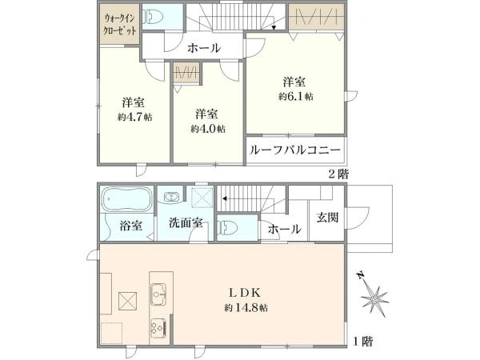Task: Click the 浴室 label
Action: coord(130,226)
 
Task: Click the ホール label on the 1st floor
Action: coord(285,230)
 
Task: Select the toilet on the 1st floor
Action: coord(228,228)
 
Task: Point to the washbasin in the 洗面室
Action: coord(170,197)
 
